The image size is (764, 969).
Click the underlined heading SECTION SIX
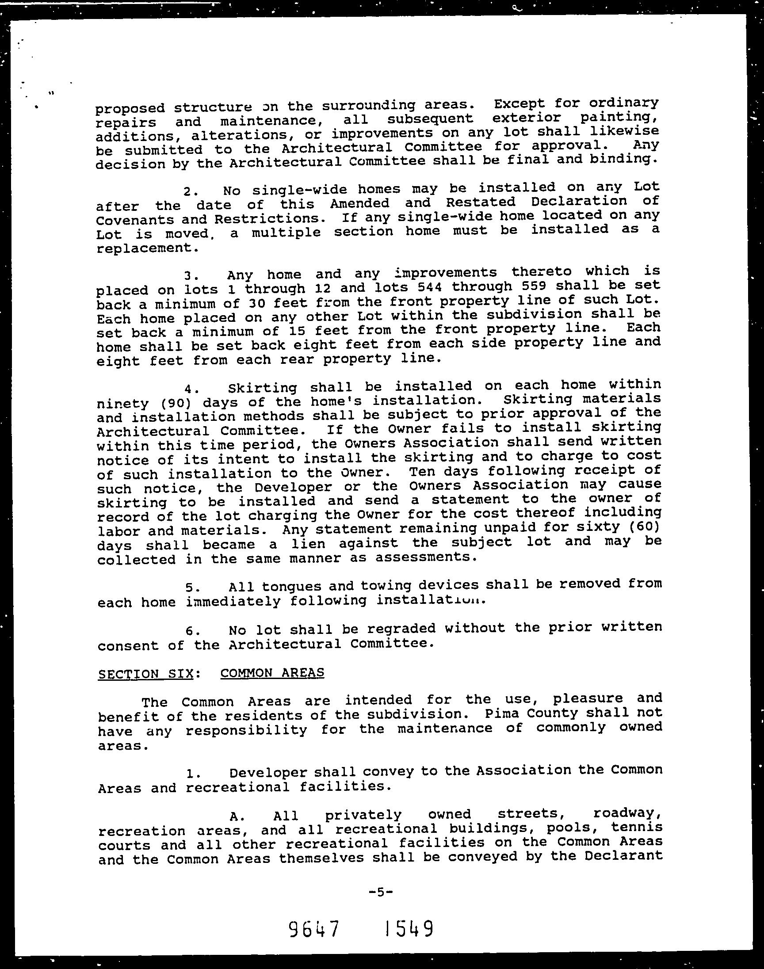pos(145,673)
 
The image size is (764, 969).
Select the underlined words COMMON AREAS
pos(272,672)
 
